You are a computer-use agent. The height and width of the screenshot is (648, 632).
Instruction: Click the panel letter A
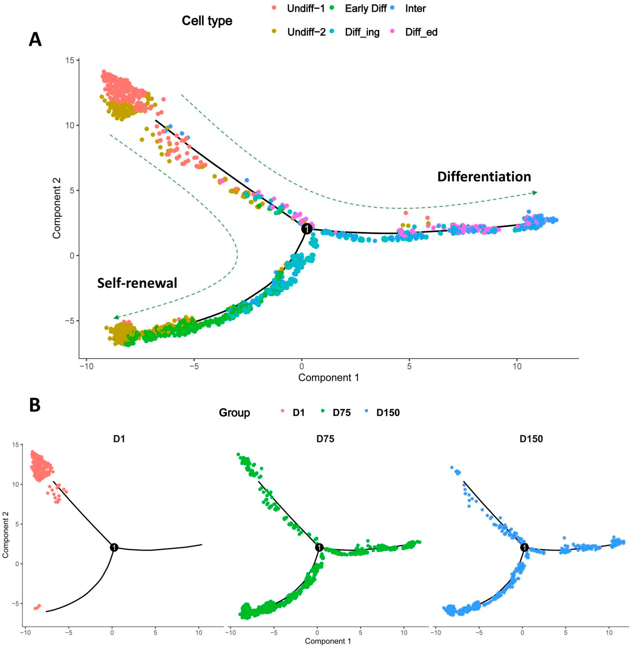(x=35, y=40)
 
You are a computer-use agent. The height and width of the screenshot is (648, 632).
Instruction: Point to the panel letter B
(x=35, y=406)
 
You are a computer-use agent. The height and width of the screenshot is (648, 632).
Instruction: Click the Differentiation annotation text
(x=484, y=177)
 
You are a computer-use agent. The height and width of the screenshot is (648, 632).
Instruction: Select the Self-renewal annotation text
(x=137, y=283)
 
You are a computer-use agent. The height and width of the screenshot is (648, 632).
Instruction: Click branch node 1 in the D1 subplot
(x=114, y=547)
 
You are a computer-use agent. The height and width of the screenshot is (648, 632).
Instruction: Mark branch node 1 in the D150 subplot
(x=525, y=547)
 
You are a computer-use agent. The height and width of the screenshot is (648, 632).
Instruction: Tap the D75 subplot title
(x=325, y=439)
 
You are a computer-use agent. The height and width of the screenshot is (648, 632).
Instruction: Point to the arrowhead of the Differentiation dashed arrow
(x=535, y=193)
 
